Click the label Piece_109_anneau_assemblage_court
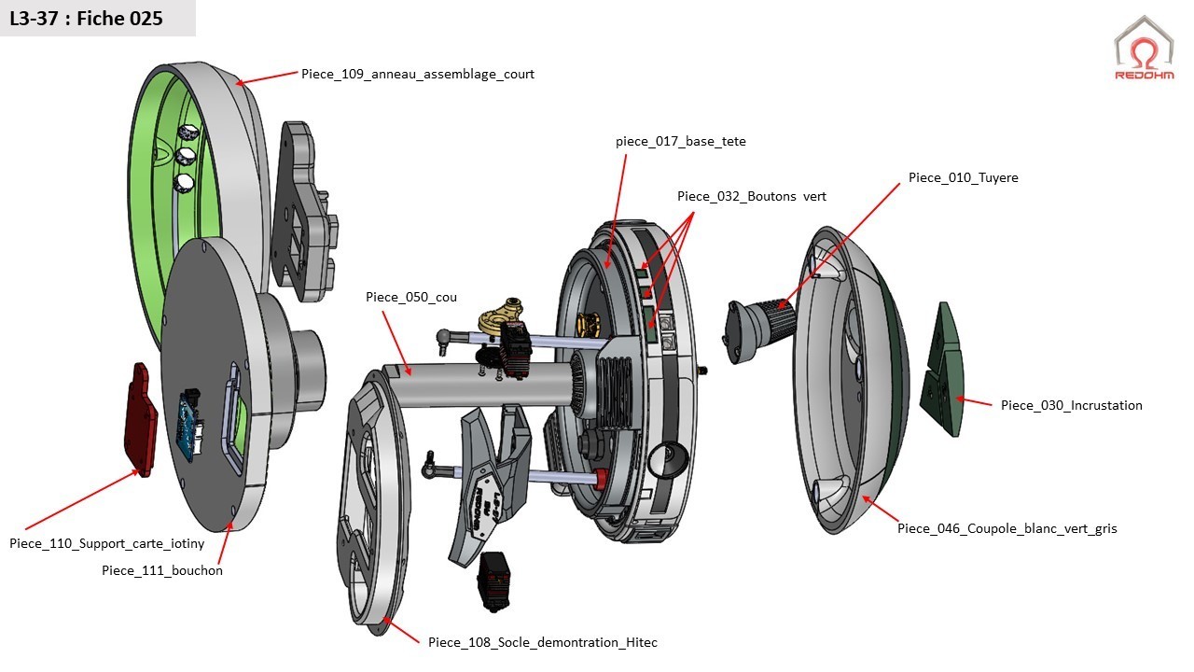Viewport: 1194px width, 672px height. pos(418,74)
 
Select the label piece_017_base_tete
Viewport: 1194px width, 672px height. pos(680,142)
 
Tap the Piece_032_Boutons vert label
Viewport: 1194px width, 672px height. pos(751,196)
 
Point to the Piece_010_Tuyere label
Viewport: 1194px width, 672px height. pos(963,177)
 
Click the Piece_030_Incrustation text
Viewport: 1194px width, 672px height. pos(1071,405)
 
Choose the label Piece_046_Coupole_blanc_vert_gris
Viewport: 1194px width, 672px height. pos(1007,528)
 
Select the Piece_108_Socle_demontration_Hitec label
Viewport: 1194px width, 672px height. pos(542,642)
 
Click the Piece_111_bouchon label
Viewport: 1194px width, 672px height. pos(162,570)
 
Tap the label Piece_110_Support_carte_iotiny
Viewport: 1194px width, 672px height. pos(106,543)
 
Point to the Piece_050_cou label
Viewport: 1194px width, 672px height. pos(411,297)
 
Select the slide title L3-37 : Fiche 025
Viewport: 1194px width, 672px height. pos(86,18)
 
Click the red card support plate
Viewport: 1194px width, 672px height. pos(140,420)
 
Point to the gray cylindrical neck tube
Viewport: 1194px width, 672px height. pos(485,383)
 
